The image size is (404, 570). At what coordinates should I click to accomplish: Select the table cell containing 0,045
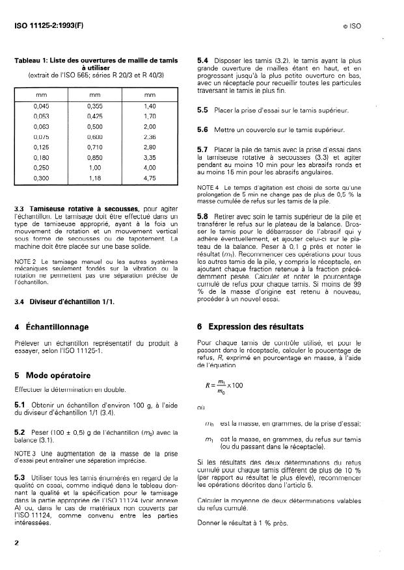[x=41, y=105]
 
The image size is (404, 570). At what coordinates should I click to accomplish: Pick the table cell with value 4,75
[x=150, y=177]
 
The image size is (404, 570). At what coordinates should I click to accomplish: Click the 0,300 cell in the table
[x=41, y=177]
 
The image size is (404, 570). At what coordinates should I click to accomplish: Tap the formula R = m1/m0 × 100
[x=222, y=387]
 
